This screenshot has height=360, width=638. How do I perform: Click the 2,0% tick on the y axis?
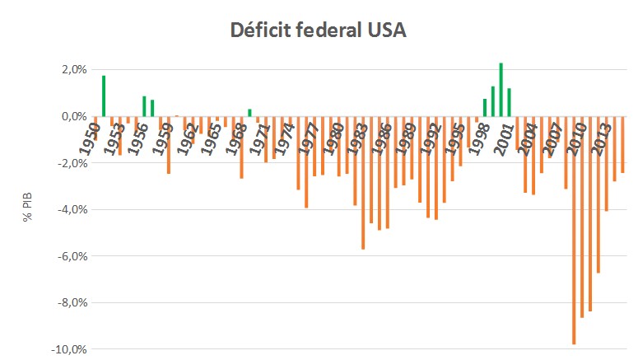(50, 69)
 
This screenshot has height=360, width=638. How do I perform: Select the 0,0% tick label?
(50, 116)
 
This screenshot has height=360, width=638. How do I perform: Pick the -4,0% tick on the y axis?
(49, 209)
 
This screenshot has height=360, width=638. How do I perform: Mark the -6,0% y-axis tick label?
(49, 256)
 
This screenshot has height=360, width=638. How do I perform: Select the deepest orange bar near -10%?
(574, 231)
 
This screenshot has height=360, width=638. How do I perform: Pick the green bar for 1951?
(104, 96)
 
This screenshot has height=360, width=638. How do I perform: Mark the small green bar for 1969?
(249, 113)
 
